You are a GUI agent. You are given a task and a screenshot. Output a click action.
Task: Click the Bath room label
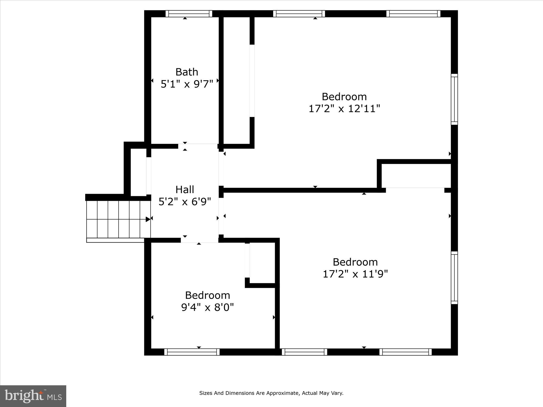tap(187, 72)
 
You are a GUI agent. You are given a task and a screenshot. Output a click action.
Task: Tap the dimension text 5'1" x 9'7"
tap(187, 84)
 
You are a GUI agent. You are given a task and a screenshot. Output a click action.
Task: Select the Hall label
tap(185, 189)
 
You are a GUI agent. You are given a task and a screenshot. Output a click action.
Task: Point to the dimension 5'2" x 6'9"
tap(185, 202)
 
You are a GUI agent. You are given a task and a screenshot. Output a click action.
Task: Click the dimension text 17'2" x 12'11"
tap(344, 109)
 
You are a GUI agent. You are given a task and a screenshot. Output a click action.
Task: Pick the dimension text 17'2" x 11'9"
tap(355, 274)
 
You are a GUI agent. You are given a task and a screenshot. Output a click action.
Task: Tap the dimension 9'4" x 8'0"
tap(207, 307)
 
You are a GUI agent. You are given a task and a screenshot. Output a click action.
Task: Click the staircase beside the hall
tap(118, 219)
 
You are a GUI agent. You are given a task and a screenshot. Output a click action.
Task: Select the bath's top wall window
tap(189, 14)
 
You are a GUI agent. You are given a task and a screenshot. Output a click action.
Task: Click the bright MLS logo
tap(33, 396)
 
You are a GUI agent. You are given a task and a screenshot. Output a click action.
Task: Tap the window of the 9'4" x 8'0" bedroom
tap(192, 352)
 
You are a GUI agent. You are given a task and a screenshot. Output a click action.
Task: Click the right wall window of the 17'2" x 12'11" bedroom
tap(454, 99)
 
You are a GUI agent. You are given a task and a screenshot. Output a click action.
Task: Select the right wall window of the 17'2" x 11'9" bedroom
tap(454, 277)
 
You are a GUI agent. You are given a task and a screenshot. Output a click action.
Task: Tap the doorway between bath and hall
tap(198, 146)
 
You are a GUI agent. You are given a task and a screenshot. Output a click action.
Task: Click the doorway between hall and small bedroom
tap(200, 240)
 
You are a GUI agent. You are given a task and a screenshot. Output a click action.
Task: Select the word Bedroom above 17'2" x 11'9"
tap(355, 262)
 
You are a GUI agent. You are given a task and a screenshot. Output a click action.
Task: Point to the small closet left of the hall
tap(138, 172)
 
